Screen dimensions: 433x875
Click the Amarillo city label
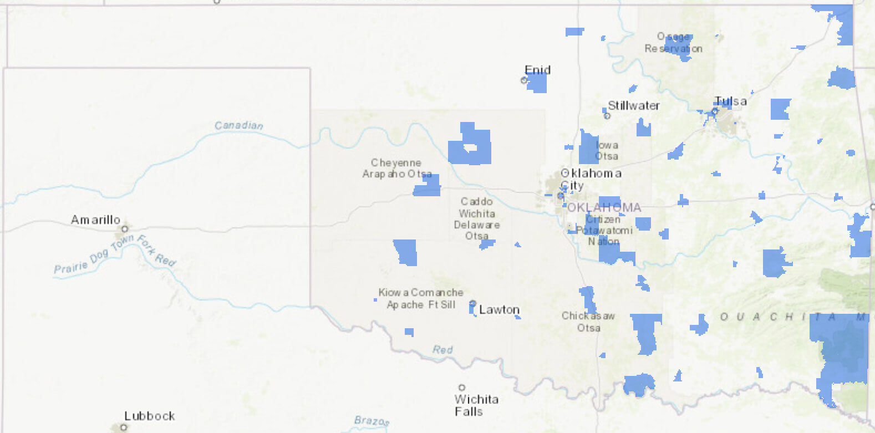(x=95, y=220)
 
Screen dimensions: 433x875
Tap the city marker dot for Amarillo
(x=125, y=228)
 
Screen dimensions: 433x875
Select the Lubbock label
(x=149, y=416)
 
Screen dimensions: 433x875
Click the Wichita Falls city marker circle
(x=461, y=388)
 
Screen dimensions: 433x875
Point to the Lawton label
(x=499, y=310)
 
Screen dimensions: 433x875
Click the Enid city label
(x=537, y=70)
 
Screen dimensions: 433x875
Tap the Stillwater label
(x=634, y=105)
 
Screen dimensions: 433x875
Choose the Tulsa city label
(x=730, y=101)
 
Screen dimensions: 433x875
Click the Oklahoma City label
(x=591, y=179)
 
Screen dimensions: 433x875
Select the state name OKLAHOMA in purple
(x=604, y=207)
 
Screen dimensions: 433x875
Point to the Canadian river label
(x=238, y=125)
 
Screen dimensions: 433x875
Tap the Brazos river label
(x=372, y=421)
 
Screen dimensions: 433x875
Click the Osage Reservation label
(x=673, y=43)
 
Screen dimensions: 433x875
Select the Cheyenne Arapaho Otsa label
(x=396, y=168)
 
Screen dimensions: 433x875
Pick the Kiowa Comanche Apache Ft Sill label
(x=421, y=298)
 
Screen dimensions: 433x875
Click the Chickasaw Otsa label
(x=588, y=322)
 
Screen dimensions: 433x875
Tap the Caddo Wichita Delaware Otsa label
(x=477, y=218)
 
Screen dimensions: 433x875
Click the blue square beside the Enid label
(x=537, y=83)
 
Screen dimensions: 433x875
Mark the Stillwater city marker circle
(x=607, y=116)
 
